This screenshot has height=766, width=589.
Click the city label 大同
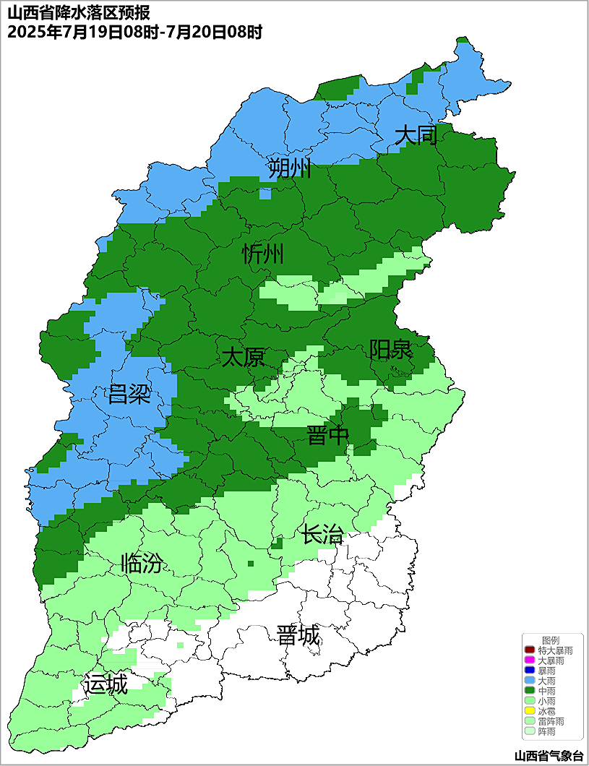click(416, 135)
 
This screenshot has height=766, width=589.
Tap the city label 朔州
click(289, 169)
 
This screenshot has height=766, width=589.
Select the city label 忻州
click(263, 254)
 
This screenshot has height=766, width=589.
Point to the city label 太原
click(243, 357)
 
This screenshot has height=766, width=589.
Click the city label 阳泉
click(390, 350)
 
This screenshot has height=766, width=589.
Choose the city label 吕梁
click(129, 395)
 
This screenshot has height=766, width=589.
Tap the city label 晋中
click(327, 436)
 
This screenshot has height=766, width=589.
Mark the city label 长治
click(322, 535)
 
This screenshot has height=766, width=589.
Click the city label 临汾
click(142, 563)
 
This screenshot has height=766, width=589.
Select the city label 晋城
click(298, 636)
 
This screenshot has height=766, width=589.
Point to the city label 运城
click(106, 684)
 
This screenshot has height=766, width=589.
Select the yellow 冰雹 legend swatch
click(530, 711)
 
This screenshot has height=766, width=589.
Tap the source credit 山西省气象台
click(549, 756)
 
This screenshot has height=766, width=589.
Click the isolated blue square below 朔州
click(265, 194)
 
